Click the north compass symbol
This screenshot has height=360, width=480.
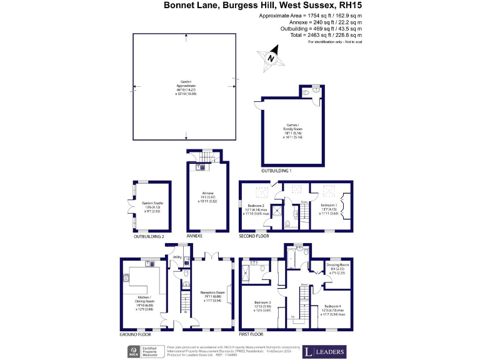coord(271,57)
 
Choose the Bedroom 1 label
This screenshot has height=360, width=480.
coord(329,205)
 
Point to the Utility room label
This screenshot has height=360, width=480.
coord(177,257)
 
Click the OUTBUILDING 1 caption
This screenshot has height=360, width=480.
coord(276,170)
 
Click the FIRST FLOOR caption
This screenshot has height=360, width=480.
coord(253,334)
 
